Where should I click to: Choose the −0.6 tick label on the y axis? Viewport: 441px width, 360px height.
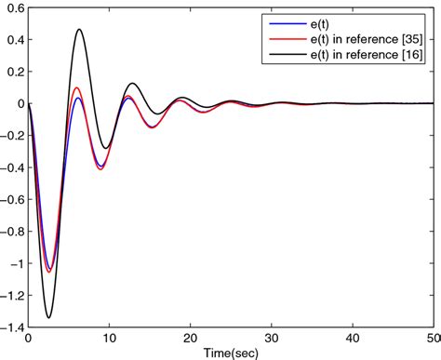[12, 193]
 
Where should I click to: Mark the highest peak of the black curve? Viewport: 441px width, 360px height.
[79, 29]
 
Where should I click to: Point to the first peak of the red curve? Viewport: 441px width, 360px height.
[76, 88]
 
